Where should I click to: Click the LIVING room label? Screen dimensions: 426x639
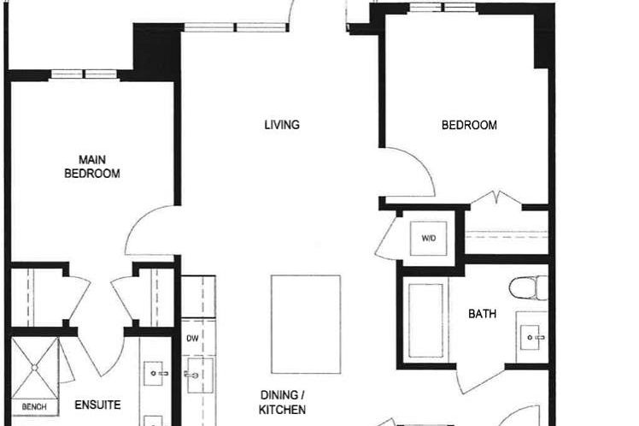click(282, 125)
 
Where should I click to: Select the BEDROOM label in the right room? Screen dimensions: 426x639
click(469, 125)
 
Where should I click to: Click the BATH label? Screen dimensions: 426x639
click(482, 314)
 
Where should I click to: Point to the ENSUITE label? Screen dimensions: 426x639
click(97, 405)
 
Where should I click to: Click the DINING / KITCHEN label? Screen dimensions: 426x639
click(283, 402)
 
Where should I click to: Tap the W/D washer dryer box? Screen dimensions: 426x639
click(428, 239)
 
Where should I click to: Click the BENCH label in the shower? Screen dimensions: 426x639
click(34, 407)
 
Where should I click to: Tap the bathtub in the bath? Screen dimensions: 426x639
click(425, 319)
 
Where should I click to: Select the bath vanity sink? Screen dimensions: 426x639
click(532, 338)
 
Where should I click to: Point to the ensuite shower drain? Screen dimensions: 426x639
click(35, 367)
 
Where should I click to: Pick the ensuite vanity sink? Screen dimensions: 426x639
click(158, 373)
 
